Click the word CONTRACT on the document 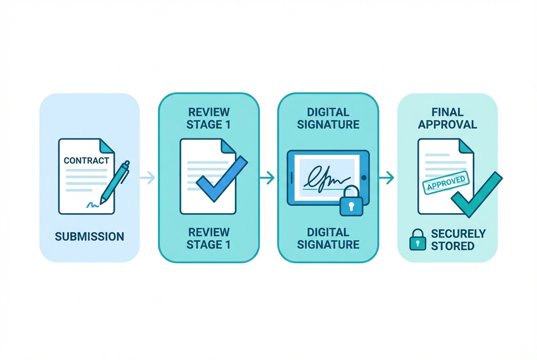click(x=86, y=160)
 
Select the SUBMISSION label click(x=90, y=236)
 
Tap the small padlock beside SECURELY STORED click(x=417, y=240)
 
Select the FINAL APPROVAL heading click(x=448, y=118)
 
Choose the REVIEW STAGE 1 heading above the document click(x=209, y=118)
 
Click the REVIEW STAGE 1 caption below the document click(x=209, y=238)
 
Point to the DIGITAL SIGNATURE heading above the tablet click(x=328, y=118)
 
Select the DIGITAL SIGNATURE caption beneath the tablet click(x=328, y=238)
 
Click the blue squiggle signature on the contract click(x=93, y=205)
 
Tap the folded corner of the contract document click(x=107, y=145)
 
